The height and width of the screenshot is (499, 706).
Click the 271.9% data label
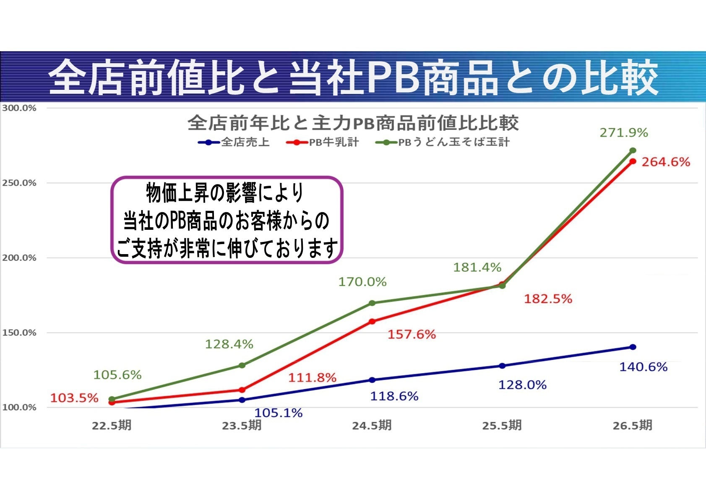623,133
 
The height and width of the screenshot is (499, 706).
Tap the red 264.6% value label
666,162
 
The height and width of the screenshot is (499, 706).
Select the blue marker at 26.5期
633,347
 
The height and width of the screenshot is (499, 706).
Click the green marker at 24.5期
372,303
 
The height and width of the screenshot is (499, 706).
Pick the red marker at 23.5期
242,390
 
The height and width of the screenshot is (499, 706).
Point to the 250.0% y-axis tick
19,183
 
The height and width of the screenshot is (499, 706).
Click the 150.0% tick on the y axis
19,333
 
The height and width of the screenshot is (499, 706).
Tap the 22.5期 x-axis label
112,426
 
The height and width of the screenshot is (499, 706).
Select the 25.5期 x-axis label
502,426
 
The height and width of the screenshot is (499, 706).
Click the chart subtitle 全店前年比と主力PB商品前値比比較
353,123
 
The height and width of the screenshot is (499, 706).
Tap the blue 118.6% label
394,396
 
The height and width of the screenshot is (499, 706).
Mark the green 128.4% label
229,344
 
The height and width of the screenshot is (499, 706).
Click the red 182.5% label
548,299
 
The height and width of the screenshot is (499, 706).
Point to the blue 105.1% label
279,413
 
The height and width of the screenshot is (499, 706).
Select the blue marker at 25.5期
502,366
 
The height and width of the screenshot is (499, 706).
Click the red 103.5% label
74,398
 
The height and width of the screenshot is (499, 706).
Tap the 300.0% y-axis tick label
19,108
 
